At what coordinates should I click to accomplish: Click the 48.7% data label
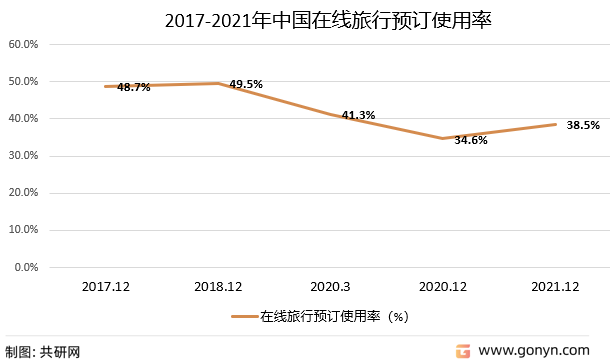(133, 87)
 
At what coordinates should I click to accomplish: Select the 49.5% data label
(246, 84)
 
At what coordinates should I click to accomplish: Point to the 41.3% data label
(358, 115)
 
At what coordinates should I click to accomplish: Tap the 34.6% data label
(470, 140)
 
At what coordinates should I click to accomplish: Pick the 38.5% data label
(583, 125)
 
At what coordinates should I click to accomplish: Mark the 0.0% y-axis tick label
(25, 267)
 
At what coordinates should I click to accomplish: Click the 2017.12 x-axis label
(107, 287)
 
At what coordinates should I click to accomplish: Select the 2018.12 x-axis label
(219, 287)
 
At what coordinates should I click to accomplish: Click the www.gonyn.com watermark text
(533, 350)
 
